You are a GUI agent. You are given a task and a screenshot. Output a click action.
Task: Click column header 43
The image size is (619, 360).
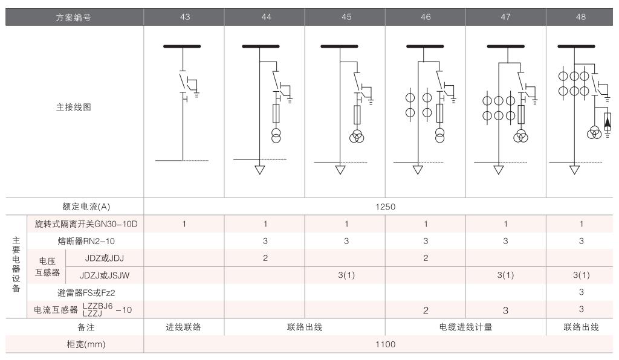click(184, 17)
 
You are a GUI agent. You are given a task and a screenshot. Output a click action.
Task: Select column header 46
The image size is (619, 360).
click(426, 17)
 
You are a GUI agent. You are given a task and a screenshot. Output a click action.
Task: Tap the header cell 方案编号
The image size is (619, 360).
click(74, 17)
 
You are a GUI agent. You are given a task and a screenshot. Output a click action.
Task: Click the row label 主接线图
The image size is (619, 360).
click(74, 107)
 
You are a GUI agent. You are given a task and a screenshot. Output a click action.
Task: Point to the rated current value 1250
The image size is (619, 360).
click(385, 207)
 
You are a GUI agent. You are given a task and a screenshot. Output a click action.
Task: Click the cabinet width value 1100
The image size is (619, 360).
click(385, 344)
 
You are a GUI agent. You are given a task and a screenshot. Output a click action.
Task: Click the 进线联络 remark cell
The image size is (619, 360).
click(184, 327)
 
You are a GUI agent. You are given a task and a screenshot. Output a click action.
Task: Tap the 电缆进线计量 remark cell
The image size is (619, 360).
click(465, 327)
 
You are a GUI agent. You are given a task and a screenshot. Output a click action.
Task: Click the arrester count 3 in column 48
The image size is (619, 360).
click(581, 293)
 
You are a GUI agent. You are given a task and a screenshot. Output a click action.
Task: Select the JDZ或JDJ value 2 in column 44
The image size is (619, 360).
click(265, 258)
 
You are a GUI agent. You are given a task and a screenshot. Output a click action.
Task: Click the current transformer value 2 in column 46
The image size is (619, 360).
click(426, 310)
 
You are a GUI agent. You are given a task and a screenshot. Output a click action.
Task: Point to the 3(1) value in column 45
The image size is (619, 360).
click(346, 275)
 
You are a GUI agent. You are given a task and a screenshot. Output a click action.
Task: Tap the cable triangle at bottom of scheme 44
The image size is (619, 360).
click(260, 169)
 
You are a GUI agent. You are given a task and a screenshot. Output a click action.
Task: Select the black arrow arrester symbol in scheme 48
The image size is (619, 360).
click(608, 122)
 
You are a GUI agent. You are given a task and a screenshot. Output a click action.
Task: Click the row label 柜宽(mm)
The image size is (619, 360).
click(74, 344)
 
